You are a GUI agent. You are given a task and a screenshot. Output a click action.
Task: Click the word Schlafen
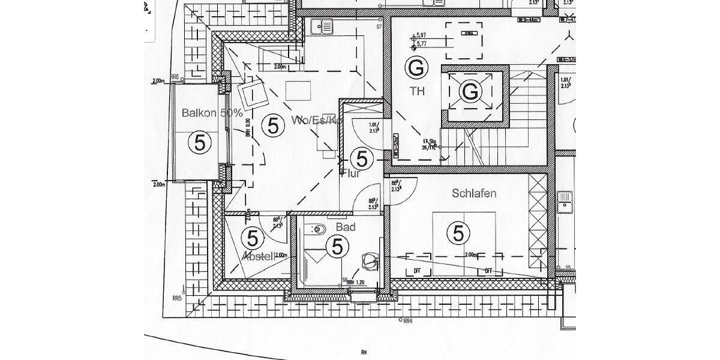[473, 194]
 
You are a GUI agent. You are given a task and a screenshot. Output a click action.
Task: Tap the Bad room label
[346, 227]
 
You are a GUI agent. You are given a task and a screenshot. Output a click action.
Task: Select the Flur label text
[350, 175]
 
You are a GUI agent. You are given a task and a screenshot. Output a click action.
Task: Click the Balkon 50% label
[204, 113]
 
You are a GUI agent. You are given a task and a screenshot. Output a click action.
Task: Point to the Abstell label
[257, 256]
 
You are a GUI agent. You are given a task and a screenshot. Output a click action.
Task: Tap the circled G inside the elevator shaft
[471, 92]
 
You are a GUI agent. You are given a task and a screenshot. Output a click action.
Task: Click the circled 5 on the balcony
[200, 143]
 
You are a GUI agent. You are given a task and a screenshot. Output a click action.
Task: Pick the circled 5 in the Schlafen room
[459, 233]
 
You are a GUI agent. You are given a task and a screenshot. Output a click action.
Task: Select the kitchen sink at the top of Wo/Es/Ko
[323, 26]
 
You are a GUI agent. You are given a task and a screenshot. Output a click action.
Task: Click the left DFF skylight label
[418, 271]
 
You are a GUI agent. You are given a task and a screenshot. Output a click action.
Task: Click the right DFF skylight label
[489, 271]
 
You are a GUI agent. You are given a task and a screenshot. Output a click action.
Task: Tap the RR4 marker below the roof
[408, 321]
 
